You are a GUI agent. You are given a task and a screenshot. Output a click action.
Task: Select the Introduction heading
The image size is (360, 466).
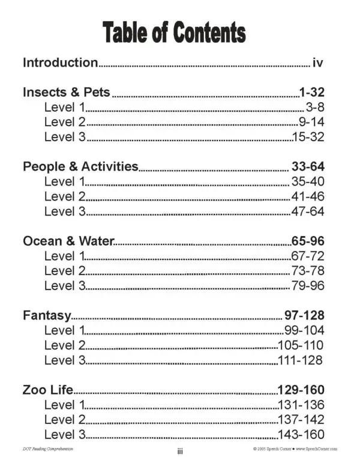click(60, 62)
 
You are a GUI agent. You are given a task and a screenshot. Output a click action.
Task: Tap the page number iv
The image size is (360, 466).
click(319, 62)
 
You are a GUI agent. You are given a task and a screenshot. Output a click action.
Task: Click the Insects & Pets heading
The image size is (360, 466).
click(66, 92)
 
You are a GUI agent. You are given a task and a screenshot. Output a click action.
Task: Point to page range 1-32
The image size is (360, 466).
click(311, 92)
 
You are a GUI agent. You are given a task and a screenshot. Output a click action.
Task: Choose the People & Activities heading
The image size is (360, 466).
click(80, 166)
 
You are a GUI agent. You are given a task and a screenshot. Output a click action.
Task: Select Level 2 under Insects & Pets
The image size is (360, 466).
click(65, 122)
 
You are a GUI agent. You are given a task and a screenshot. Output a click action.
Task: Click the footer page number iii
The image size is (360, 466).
click(179, 452)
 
